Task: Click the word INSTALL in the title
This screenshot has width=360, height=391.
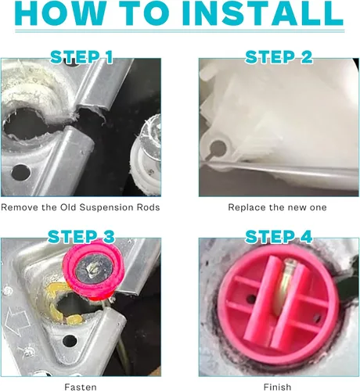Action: (262, 13)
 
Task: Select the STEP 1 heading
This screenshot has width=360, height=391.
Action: (81, 57)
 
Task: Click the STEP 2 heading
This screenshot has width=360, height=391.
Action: (279, 57)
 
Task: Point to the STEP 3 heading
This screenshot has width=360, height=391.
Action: (81, 237)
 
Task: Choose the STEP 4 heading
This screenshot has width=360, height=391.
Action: (279, 237)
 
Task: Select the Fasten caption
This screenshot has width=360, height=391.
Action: (81, 387)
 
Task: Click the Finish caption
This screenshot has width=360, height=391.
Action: (277, 387)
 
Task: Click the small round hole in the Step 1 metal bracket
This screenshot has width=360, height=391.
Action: (20, 172)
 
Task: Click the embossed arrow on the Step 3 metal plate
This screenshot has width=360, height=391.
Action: (16, 321)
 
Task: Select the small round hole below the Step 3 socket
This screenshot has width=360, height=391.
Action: (70, 341)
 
